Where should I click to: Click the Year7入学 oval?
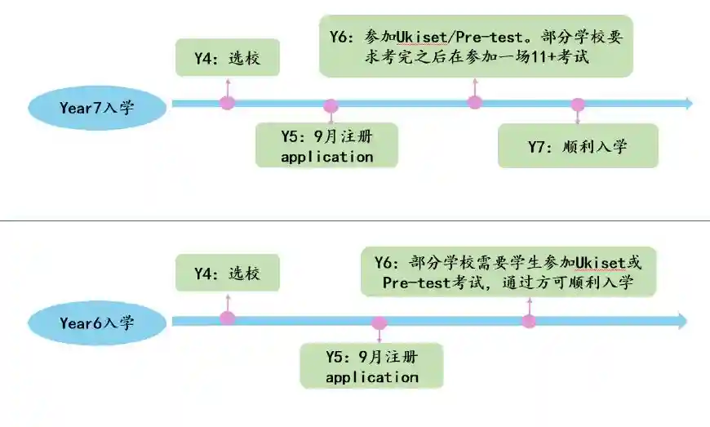pyautogui.click(x=97, y=107)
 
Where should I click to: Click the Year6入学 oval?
pyautogui.click(x=97, y=322)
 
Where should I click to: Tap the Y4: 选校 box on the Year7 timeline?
pyautogui.click(x=228, y=57)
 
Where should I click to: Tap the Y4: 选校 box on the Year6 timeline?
pyautogui.click(x=228, y=274)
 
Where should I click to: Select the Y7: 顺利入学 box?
pyautogui.click(x=578, y=146)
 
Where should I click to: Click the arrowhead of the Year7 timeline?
pyautogui.click(x=688, y=104)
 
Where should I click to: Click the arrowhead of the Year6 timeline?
pyautogui.click(x=682, y=321)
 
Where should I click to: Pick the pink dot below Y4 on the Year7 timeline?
pyautogui.click(x=228, y=103)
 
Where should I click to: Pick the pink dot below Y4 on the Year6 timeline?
pyautogui.click(x=228, y=318)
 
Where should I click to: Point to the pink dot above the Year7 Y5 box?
pyautogui.click(x=331, y=106)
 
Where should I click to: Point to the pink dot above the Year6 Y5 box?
pyautogui.click(x=378, y=323)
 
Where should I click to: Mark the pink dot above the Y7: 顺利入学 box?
pyautogui.click(x=578, y=105)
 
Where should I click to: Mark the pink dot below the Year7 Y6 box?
pyautogui.click(x=475, y=102)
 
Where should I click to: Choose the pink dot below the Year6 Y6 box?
pyautogui.click(x=530, y=321)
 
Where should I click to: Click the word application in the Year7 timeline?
pyautogui.click(x=326, y=157)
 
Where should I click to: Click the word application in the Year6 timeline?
pyautogui.click(x=371, y=377)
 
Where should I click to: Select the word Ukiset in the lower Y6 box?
pyautogui.click(x=600, y=262)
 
